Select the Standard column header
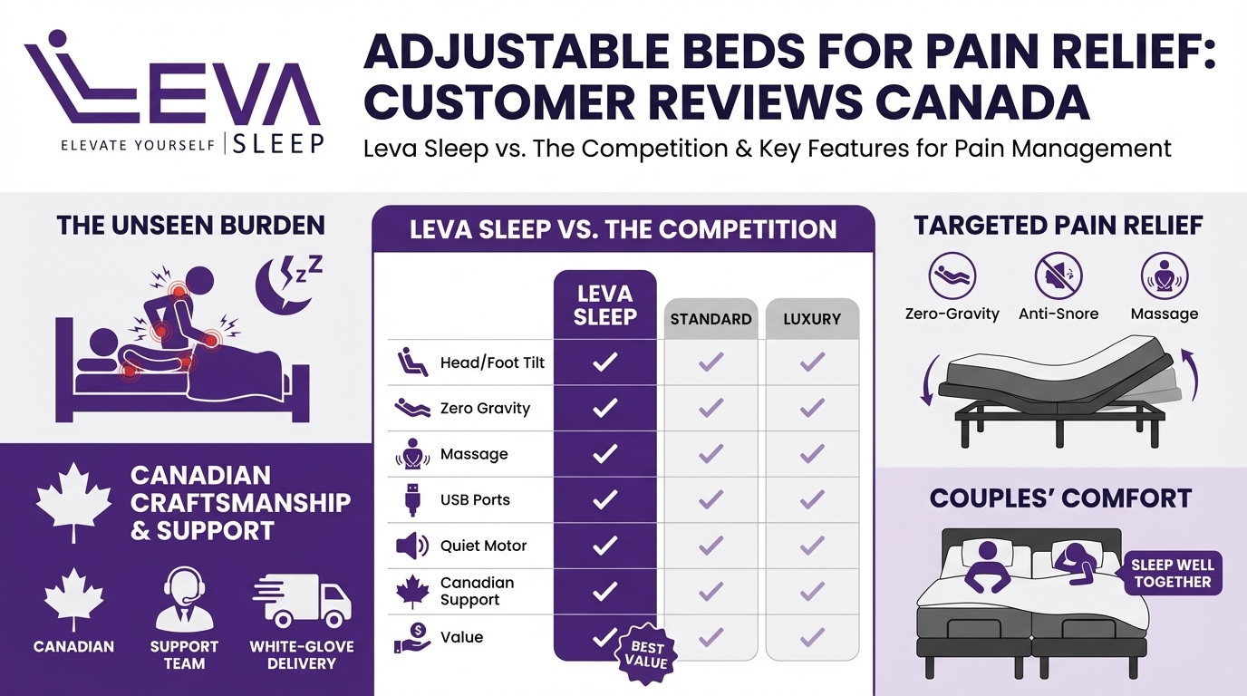[710, 319]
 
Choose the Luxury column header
[812, 319]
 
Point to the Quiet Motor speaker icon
[411, 546]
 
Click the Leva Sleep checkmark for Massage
[604, 454]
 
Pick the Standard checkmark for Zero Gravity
[710, 409]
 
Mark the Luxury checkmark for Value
[812, 637]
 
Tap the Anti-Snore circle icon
[1058, 275]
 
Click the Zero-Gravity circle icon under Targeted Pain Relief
[952, 275]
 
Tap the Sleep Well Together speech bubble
[1172, 573]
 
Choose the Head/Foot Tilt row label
[492, 362]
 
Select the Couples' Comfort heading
[1060, 498]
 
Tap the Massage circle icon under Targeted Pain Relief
[1164, 275]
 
